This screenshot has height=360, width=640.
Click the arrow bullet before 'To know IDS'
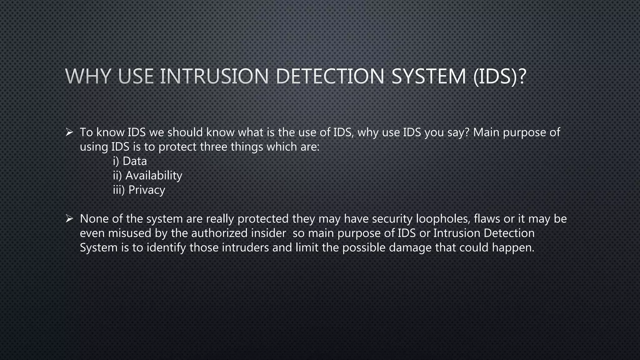(69, 132)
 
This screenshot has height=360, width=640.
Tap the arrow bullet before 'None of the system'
(69, 218)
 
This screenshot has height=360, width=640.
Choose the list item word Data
(135, 161)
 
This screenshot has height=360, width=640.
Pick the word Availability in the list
(154, 176)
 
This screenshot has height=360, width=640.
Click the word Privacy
(147, 190)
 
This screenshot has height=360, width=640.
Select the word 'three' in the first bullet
(214, 147)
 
